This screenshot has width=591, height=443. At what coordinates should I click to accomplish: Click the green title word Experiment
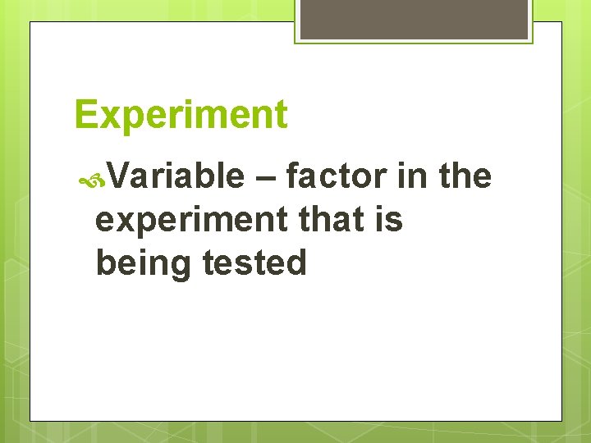[181, 116]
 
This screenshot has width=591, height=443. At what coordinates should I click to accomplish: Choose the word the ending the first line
[465, 176]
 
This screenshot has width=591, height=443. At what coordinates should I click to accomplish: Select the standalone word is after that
[392, 220]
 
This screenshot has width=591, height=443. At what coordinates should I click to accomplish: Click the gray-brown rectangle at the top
[414, 19]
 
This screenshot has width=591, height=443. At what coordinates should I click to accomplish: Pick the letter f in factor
[291, 176]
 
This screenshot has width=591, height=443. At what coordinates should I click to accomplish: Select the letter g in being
[182, 267]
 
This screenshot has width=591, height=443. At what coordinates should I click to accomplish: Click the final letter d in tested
[296, 263]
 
